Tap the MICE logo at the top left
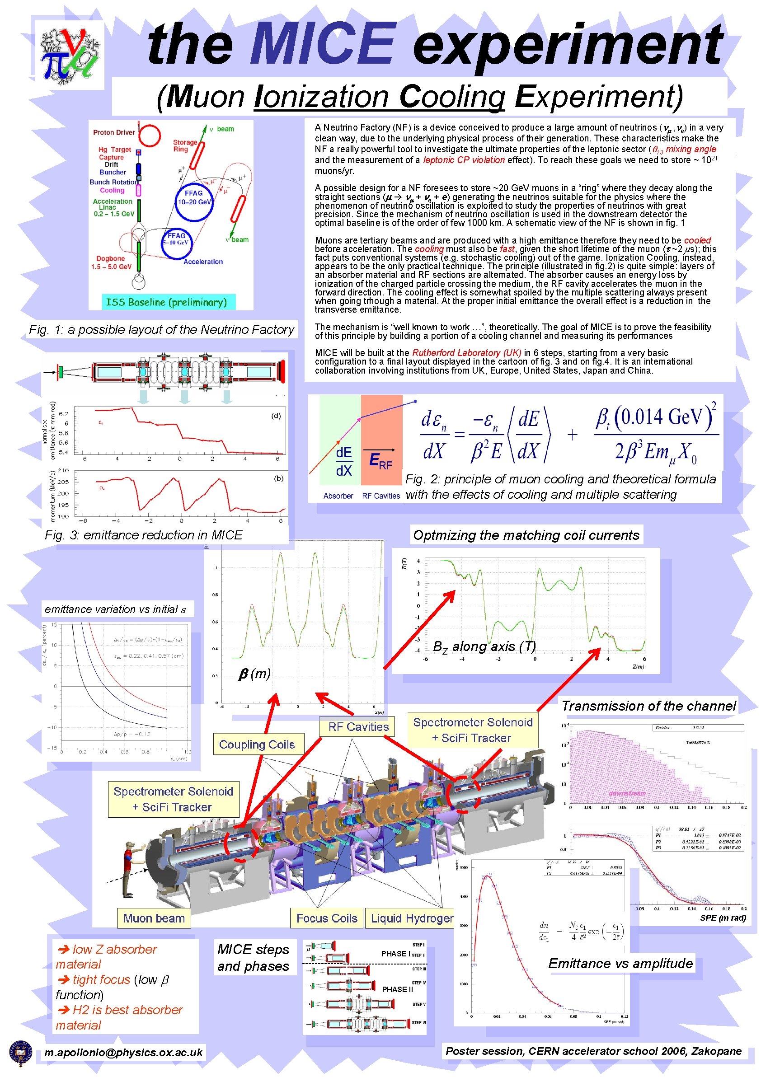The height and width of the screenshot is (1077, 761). click(x=70, y=54)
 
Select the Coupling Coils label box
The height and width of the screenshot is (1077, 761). click(x=258, y=745)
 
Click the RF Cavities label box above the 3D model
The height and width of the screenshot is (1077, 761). click(x=358, y=726)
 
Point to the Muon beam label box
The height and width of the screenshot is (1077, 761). click(x=154, y=918)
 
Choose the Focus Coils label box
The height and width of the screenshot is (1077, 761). click(x=327, y=918)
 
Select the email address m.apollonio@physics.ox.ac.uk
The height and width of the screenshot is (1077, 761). click(x=123, y=1052)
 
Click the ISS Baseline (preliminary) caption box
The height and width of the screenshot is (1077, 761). click(x=167, y=302)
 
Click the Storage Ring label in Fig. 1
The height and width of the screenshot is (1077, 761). click(x=185, y=145)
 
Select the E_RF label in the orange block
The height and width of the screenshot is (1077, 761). click(x=380, y=461)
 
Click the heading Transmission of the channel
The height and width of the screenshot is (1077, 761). click(x=648, y=706)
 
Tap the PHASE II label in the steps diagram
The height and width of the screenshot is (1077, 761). click(x=397, y=989)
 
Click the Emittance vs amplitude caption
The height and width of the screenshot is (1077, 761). click(x=620, y=963)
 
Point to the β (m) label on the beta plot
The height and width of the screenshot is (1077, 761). click(x=254, y=674)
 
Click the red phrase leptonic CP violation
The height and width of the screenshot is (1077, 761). click(x=464, y=160)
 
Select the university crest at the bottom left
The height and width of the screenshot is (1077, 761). click(x=20, y=1054)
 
